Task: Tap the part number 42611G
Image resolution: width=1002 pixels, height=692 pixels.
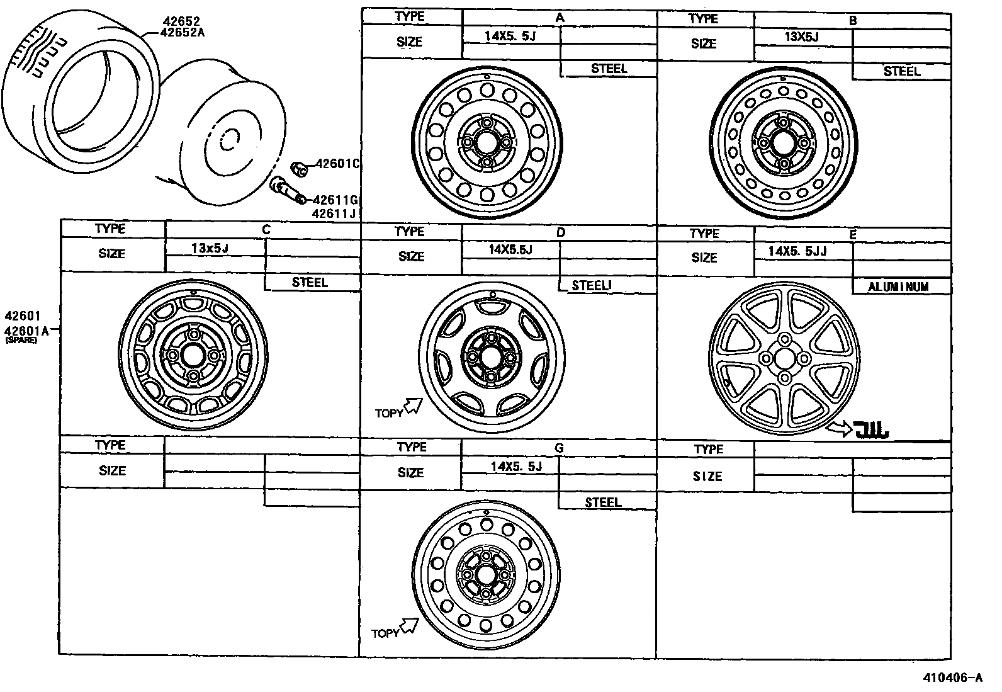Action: click(335, 200)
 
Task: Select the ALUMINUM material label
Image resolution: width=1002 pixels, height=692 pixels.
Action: click(898, 287)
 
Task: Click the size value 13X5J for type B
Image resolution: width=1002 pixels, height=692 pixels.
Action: click(801, 36)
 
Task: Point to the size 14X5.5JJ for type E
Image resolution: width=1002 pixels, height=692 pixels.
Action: click(797, 251)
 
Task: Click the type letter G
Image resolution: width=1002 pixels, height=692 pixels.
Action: click(558, 448)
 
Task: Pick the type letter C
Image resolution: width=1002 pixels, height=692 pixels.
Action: click(266, 230)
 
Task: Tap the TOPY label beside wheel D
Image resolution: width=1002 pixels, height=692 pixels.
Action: click(388, 414)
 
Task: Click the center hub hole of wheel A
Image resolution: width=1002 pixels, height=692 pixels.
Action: click(487, 142)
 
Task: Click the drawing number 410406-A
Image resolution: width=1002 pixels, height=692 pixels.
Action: click(952, 678)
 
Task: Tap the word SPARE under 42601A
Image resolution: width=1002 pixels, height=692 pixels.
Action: click(21, 340)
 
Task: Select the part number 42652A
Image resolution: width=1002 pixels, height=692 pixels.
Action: click(183, 33)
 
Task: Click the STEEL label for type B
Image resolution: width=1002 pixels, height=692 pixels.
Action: click(901, 72)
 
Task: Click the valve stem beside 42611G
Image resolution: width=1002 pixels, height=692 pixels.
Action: click(286, 190)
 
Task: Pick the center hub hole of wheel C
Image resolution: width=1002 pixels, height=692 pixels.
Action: click(193, 355)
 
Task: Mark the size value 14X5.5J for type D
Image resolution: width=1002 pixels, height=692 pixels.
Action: click(510, 250)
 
